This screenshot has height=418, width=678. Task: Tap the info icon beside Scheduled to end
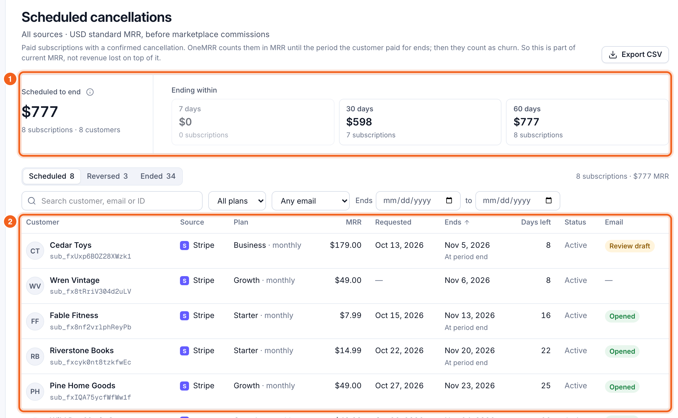tap(90, 92)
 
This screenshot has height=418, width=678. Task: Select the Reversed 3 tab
tap(107, 176)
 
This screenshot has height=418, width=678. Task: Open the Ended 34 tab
tap(158, 176)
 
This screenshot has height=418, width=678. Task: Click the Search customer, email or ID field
tap(112, 201)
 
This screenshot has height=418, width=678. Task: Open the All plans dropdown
tap(237, 201)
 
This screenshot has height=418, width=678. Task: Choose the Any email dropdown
tap(311, 201)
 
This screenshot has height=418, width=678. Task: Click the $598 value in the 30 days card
tap(359, 122)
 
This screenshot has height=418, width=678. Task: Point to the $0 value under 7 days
tap(185, 122)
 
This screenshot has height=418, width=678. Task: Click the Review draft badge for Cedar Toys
tap(630, 246)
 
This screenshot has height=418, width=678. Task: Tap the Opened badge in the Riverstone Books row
tap(622, 351)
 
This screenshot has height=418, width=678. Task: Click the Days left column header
tap(536, 222)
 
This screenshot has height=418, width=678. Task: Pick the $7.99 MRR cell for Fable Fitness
tap(351, 315)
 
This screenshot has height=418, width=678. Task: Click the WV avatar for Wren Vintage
tap(35, 286)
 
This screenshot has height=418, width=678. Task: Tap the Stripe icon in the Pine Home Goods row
tap(184, 386)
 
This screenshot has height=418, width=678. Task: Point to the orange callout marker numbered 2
tap(10, 221)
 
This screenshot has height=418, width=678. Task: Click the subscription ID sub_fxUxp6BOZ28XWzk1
tap(91, 256)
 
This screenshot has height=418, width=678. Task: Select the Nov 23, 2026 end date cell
tap(470, 385)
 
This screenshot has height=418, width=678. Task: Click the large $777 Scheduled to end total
tap(40, 112)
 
